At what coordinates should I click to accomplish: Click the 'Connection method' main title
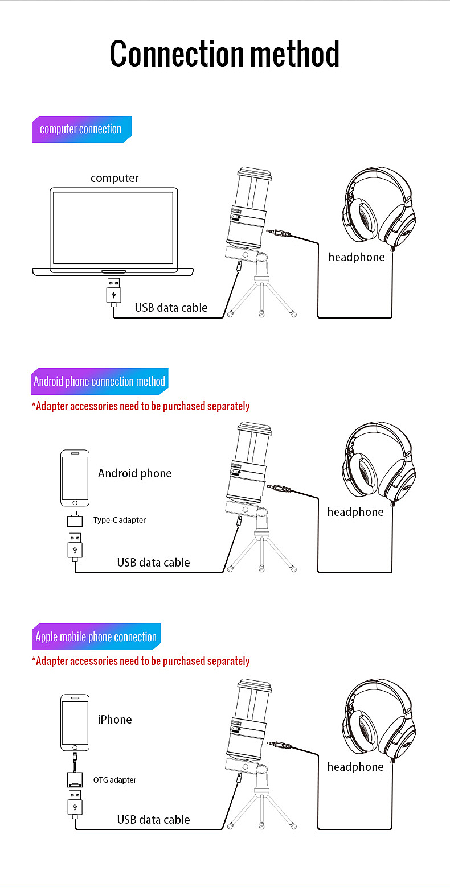point(224,55)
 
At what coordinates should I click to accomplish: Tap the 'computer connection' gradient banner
point(81,129)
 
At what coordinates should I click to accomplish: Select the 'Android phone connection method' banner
point(99,381)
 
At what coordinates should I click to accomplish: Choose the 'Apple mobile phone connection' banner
point(96,637)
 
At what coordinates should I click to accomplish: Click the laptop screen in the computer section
point(113,227)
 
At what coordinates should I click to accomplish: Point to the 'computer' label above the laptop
point(114,178)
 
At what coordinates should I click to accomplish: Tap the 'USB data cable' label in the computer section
point(171,308)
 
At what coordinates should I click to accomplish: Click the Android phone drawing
point(75,478)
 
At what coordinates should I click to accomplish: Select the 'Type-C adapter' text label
point(120,520)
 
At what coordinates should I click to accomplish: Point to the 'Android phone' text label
point(134,473)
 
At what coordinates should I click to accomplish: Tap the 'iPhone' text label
point(114,720)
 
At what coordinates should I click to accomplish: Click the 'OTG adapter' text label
point(114,780)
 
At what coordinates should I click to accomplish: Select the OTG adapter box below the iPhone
point(75,779)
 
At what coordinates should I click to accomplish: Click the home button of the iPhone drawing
point(75,746)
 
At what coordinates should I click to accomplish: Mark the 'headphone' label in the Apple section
point(355,767)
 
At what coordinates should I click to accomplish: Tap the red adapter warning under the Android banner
point(141,406)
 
